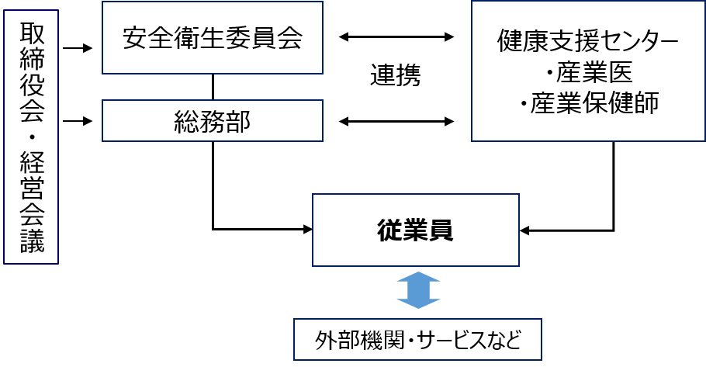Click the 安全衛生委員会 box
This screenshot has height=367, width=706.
point(212,38)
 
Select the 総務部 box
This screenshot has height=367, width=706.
point(212,121)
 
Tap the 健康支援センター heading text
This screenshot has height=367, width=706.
point(588,42)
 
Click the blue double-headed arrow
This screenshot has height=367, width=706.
point(418,290)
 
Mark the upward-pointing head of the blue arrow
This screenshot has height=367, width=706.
point(418,276)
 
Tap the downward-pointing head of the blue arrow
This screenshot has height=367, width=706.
point(418,303)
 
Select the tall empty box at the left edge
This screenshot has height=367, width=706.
point(31,137)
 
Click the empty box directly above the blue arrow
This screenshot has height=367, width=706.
point(415,230)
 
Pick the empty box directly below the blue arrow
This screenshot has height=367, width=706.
point(417,339)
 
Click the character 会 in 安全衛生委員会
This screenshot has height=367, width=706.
point(288,39)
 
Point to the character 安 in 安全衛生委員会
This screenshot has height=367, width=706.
point(136,39)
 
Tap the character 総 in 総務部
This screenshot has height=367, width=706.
point(186,122)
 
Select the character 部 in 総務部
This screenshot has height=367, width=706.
point(238,122)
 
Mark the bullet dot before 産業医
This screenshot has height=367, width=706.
point(549,74)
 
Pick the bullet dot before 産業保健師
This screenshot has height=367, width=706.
point(524,105)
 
